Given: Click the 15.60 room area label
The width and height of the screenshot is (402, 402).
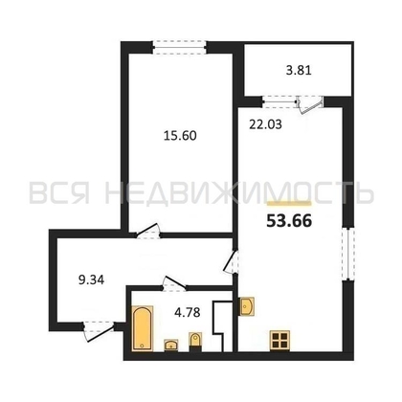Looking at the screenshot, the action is click(x=180, y=136).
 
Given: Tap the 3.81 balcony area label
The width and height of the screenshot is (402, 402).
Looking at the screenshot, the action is click(x=299, y=70).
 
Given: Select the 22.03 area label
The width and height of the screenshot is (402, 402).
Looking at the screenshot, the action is click(x=265, y=124).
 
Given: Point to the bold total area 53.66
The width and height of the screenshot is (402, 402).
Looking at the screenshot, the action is click(x=289, y=221).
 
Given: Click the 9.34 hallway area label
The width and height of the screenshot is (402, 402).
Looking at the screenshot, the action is click(x=91, y=280).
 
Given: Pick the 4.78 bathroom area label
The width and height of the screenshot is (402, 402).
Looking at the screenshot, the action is click(x=188, y=312).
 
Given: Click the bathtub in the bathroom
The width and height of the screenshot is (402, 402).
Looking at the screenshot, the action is click(x=143, y=328).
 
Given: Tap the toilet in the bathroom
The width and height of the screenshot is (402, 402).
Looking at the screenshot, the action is click(x=195, y=341).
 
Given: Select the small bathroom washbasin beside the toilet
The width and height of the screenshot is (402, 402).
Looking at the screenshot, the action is click(x=171, y=346).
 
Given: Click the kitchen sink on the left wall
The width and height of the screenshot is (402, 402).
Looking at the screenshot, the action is click(x=246, y=306).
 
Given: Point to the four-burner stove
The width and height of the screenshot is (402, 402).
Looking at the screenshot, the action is click(x=279, y=340).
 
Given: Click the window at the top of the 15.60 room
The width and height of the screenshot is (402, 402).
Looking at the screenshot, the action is click(x=179, y=47).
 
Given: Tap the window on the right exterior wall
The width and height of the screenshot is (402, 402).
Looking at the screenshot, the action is click(x=347, y=254).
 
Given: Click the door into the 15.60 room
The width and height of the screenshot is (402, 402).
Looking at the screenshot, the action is click(x=147, y=232).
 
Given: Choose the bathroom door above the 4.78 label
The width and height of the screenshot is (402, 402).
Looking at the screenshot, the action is click(x=174, y=284).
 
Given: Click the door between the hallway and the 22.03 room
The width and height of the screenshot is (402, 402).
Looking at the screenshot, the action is click(x=231, y=261).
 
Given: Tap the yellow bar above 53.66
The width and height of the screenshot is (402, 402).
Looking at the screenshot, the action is click(x=289, y=203).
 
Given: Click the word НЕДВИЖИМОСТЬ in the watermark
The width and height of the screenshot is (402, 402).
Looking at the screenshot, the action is click(x=239, y=193).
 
